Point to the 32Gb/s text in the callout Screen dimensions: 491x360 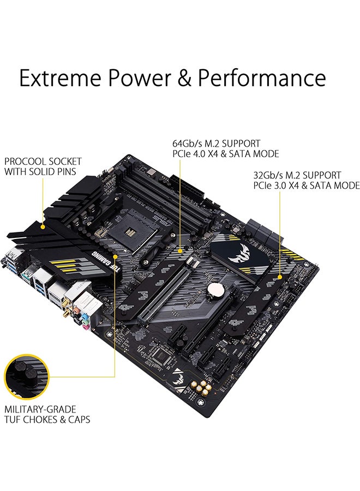coord(268,175)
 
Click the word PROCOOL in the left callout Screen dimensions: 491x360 coord(25,161)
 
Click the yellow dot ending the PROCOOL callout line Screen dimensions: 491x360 coord(43,225)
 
